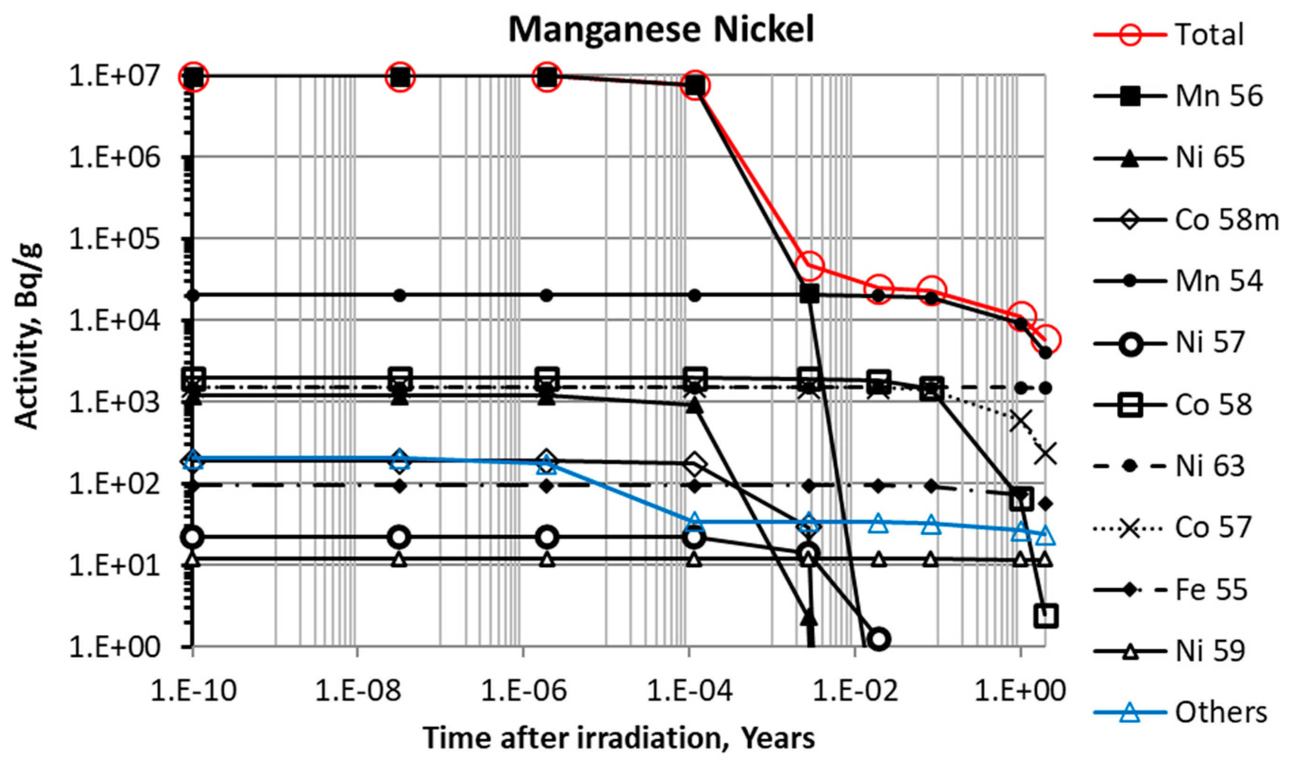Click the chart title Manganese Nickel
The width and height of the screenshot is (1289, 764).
pos(661,30)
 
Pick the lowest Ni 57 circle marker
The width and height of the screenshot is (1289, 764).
pos(878,639)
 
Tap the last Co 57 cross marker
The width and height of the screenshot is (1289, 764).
pos(1046,454)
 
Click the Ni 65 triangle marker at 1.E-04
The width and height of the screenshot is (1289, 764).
pos(695,407)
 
